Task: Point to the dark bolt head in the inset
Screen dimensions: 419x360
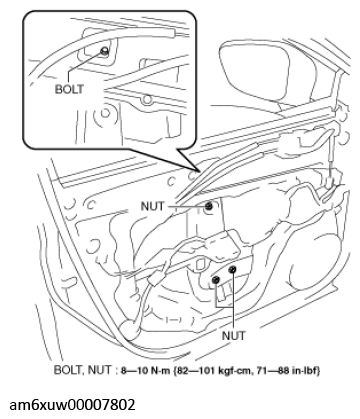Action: point(104,51)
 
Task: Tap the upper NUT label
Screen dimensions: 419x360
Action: point(161,207)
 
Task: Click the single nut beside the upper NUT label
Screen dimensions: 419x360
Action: point(210,207)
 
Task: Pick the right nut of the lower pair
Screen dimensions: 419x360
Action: point(232,270)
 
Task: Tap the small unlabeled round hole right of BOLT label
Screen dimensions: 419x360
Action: point(148,99)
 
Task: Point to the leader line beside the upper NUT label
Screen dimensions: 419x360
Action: point(189,207)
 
